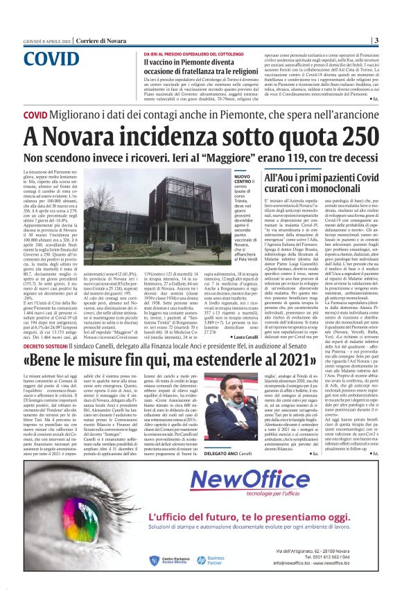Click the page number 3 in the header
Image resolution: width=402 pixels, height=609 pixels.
coord(375,40)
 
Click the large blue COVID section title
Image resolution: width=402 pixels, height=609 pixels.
coord(56,58)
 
